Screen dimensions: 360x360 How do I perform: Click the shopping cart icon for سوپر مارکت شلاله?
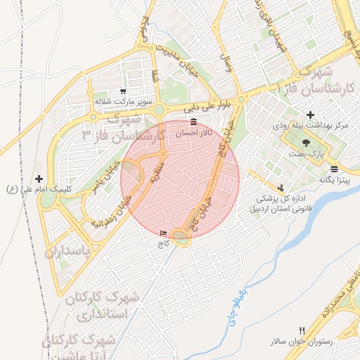[124, 91]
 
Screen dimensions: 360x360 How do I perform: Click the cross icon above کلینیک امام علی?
[39, 179]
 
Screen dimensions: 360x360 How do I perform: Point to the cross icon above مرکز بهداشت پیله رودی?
[310, 115]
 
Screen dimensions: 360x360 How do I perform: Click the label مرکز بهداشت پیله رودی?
[311, 125]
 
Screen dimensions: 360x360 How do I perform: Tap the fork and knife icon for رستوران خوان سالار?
[302, 330]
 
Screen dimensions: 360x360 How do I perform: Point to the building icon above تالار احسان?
[193, 123]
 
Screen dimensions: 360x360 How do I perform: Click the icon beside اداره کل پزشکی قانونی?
[281, 188]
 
